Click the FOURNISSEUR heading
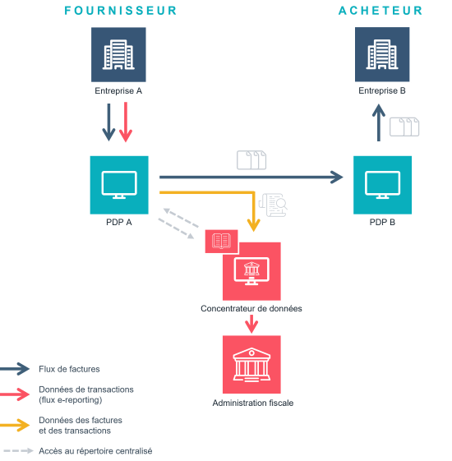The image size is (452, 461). (x=121, y=11)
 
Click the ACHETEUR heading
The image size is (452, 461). (x=381, y=11)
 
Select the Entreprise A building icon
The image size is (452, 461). (x=118, y=55)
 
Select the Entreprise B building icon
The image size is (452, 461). (x=382, y=55)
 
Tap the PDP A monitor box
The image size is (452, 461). (x=119, y=185)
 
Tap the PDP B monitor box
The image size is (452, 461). (x=382, y=185)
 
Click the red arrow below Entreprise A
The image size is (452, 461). (x=125, y=123)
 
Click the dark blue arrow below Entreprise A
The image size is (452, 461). (x=109, y=123)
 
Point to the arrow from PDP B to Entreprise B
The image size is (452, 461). (x=378, y=123)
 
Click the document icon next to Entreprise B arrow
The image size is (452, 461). (x=404, y=127)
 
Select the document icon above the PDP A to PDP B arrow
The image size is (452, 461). (x=251, y=159)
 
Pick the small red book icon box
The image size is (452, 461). (x=221, y=241)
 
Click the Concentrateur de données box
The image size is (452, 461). (x=251, y=271)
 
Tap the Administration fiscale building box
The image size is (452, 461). (x=251, y=363)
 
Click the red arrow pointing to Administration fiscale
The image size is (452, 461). (x=251, y=324)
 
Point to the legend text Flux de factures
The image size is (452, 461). (x=69, y=369)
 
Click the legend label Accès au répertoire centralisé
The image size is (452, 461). (x=95, y=451)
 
